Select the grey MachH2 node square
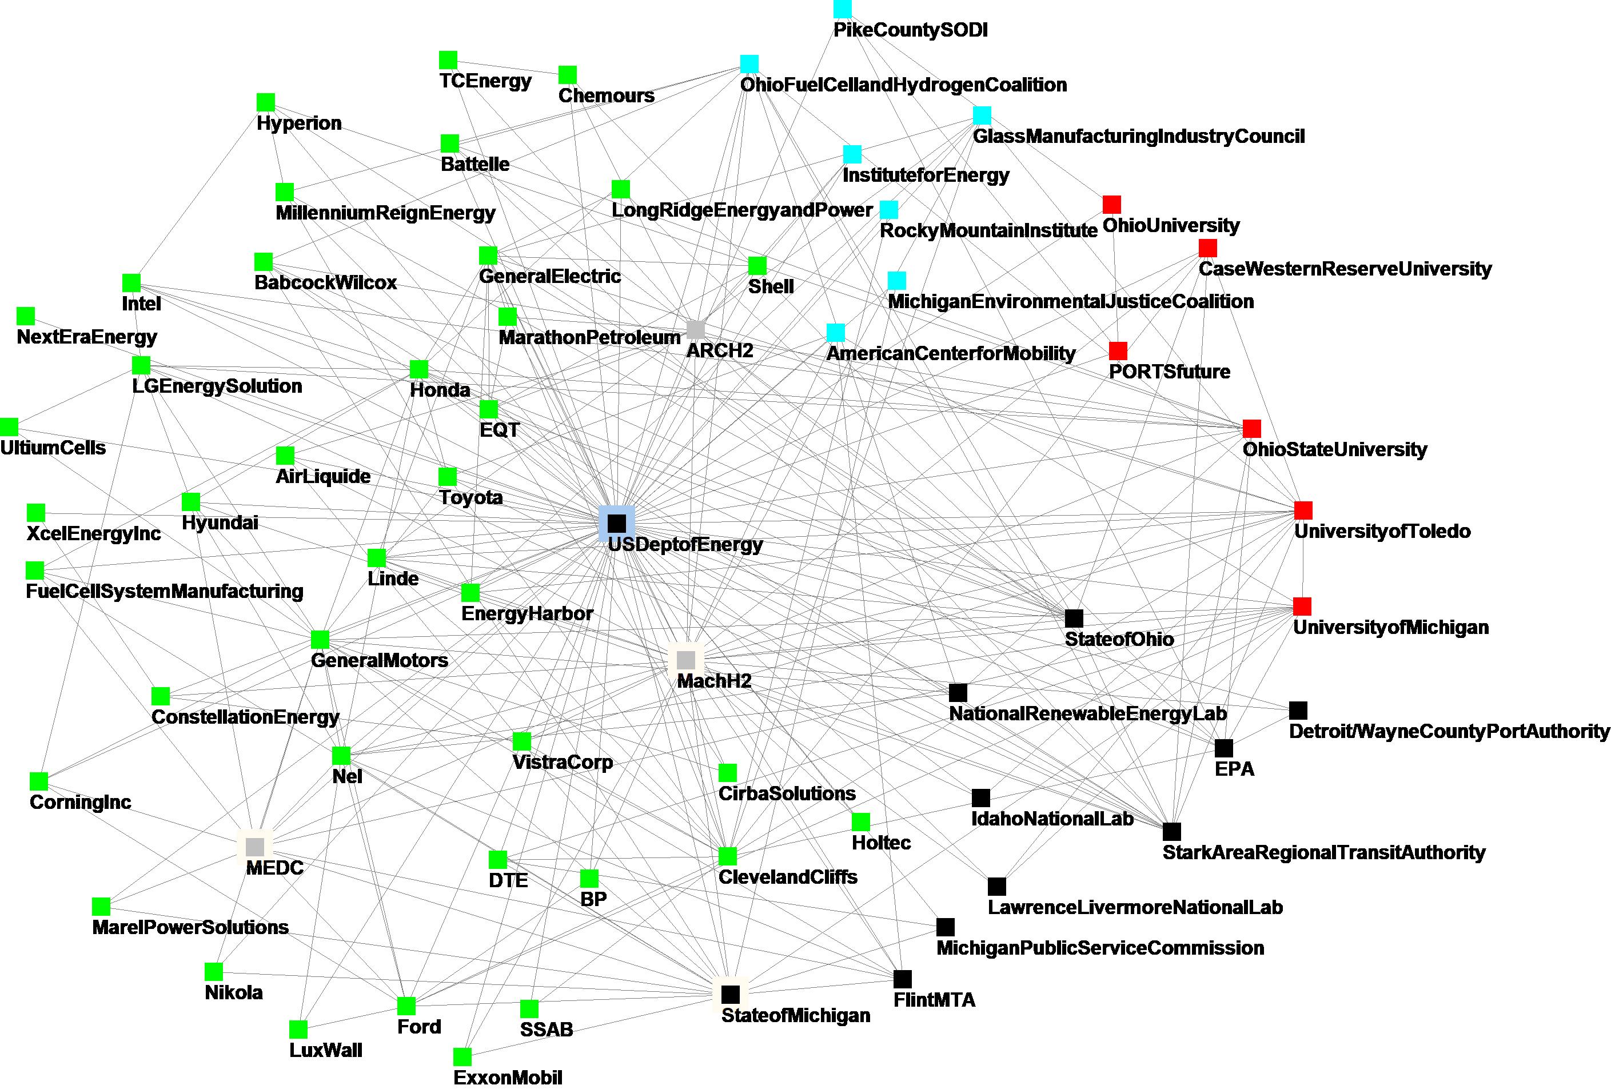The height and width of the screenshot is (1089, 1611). click(685, 659)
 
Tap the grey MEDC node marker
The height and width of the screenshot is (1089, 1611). click(255, 847)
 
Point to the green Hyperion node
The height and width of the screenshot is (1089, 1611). click(265, 102)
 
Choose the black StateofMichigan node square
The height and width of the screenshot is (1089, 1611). click(730, 994)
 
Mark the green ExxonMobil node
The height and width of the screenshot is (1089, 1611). click(462, 1056)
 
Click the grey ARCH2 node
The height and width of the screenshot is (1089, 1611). click(695, 329)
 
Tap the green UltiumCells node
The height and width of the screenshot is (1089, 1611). click(9, 427)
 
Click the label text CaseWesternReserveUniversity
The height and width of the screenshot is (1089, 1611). click(1345, 269)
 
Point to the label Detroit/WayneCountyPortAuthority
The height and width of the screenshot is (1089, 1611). click(1449, 731)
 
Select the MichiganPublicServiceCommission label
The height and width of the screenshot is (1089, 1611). click(1100, 948)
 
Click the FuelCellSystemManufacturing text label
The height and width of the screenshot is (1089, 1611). click(164, 591)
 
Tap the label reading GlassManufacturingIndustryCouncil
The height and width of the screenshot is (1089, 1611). click(1138, 136)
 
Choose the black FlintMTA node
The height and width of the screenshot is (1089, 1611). click(903, 979)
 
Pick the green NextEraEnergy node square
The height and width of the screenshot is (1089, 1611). click(26, 316)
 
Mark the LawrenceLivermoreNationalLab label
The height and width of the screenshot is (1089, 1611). click(1135, 907)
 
